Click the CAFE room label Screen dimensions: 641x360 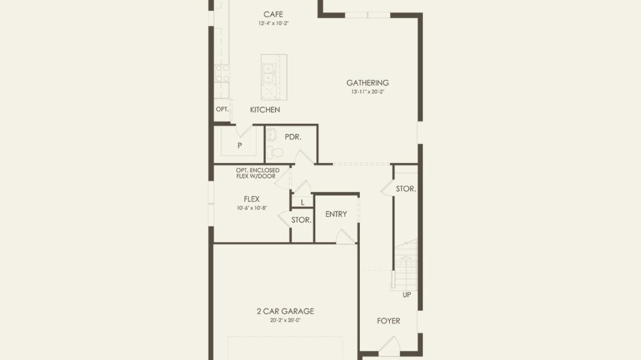[273, 14]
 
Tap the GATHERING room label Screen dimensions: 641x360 [367, 83]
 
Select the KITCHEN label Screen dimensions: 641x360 [265, 110]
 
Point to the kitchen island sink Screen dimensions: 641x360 [269, 73]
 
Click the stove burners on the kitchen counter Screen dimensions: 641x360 [222, 73]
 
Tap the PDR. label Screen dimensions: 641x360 [293, 137]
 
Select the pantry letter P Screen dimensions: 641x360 [240, 145]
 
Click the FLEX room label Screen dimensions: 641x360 [251, 199]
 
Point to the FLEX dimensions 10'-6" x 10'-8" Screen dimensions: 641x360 [252, 208]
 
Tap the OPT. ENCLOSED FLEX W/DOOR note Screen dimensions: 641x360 [258, 173]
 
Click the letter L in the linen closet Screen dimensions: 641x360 [303, 202]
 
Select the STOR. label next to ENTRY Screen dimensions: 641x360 [301, 220]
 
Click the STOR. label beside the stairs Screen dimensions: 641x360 [406, 189]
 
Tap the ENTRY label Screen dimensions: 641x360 [336, 214]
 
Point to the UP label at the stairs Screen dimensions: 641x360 [407, 295]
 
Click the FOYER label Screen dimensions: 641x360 [389, 321]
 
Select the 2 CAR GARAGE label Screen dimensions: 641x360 [285, 311]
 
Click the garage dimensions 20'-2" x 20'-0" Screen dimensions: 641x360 [285, 320]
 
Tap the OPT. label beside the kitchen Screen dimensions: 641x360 [222, 109]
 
